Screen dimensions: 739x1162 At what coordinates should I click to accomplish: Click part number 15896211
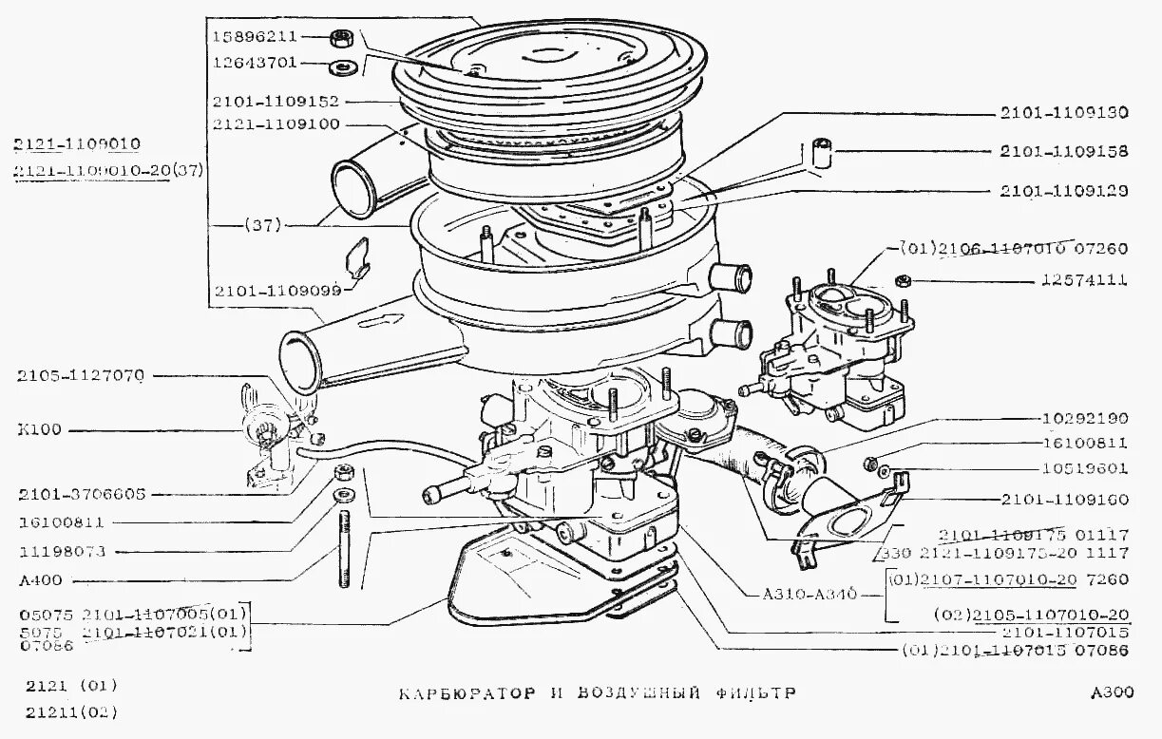pos(255,37)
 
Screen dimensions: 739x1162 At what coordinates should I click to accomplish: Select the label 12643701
pos(255,63)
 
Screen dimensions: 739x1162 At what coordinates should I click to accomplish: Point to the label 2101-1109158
pos(1063,151)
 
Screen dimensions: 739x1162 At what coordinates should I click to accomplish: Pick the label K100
pos(39,429)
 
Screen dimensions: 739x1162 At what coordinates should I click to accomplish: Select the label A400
pos(39,580)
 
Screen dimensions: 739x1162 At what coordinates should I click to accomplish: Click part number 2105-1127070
pos(80,376)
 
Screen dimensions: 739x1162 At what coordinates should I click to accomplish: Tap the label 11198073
pos(62,551)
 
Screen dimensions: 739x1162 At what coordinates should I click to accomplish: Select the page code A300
pos(1113,692)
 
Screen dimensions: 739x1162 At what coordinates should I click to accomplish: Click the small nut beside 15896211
pos(341,38)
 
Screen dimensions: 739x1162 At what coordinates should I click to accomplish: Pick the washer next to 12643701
pos(341,67)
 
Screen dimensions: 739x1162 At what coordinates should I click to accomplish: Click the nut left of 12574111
pos(904,281)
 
